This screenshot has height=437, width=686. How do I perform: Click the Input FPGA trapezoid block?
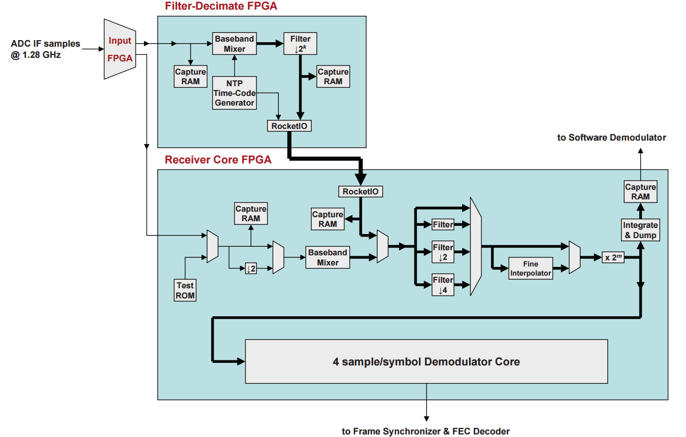(x=120, y=49)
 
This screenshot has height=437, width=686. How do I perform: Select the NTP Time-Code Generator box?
(x=234, y=93)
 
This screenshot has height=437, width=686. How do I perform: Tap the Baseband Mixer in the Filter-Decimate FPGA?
(x=234, y=44)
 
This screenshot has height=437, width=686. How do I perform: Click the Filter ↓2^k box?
(x=301, y=44)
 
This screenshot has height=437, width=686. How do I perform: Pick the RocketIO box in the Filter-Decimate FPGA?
(x=289, y=126)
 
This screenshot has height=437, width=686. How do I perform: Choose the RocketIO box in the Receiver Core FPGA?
(x=361, y=191)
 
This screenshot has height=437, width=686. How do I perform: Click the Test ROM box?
(x=185, y=290)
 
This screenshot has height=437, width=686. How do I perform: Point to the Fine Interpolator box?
(x=531, y=268)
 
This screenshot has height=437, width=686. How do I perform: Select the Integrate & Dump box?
(x=640, y=230)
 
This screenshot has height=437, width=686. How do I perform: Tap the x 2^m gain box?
(x=613, y=257)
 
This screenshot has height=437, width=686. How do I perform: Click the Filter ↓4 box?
(x=443, y=285)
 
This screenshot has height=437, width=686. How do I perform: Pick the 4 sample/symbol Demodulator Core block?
(x=426, y=361)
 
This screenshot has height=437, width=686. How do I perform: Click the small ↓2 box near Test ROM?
(x=250, y=268)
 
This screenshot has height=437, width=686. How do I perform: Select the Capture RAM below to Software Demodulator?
(x=640, y=192)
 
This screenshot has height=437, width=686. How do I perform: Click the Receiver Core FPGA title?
(x=218, y=160)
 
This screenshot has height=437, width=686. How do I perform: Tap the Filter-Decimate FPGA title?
(x=221, y=7)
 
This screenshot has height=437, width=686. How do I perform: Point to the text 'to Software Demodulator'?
(x=611, y=138)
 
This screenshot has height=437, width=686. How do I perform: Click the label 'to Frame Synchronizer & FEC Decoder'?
(x=426, y=431)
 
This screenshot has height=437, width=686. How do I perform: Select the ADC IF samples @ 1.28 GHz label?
(x=46, y=49)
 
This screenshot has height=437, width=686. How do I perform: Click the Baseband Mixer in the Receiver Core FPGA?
(x=328, y=257)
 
